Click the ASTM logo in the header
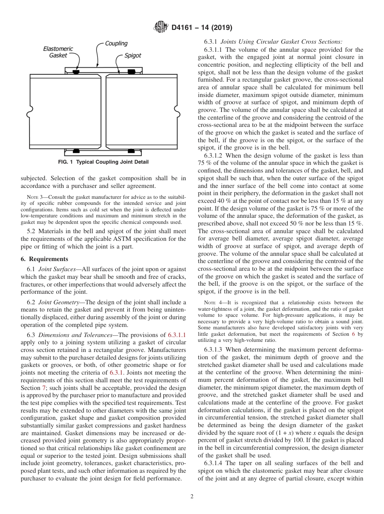pos(161,28)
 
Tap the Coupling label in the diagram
pos(116,43)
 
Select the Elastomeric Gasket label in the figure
pos(58,52)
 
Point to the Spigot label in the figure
pos(133,55)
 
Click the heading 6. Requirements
pos(44,259)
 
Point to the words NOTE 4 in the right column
pos(215,303)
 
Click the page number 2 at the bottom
pos(192,497)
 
